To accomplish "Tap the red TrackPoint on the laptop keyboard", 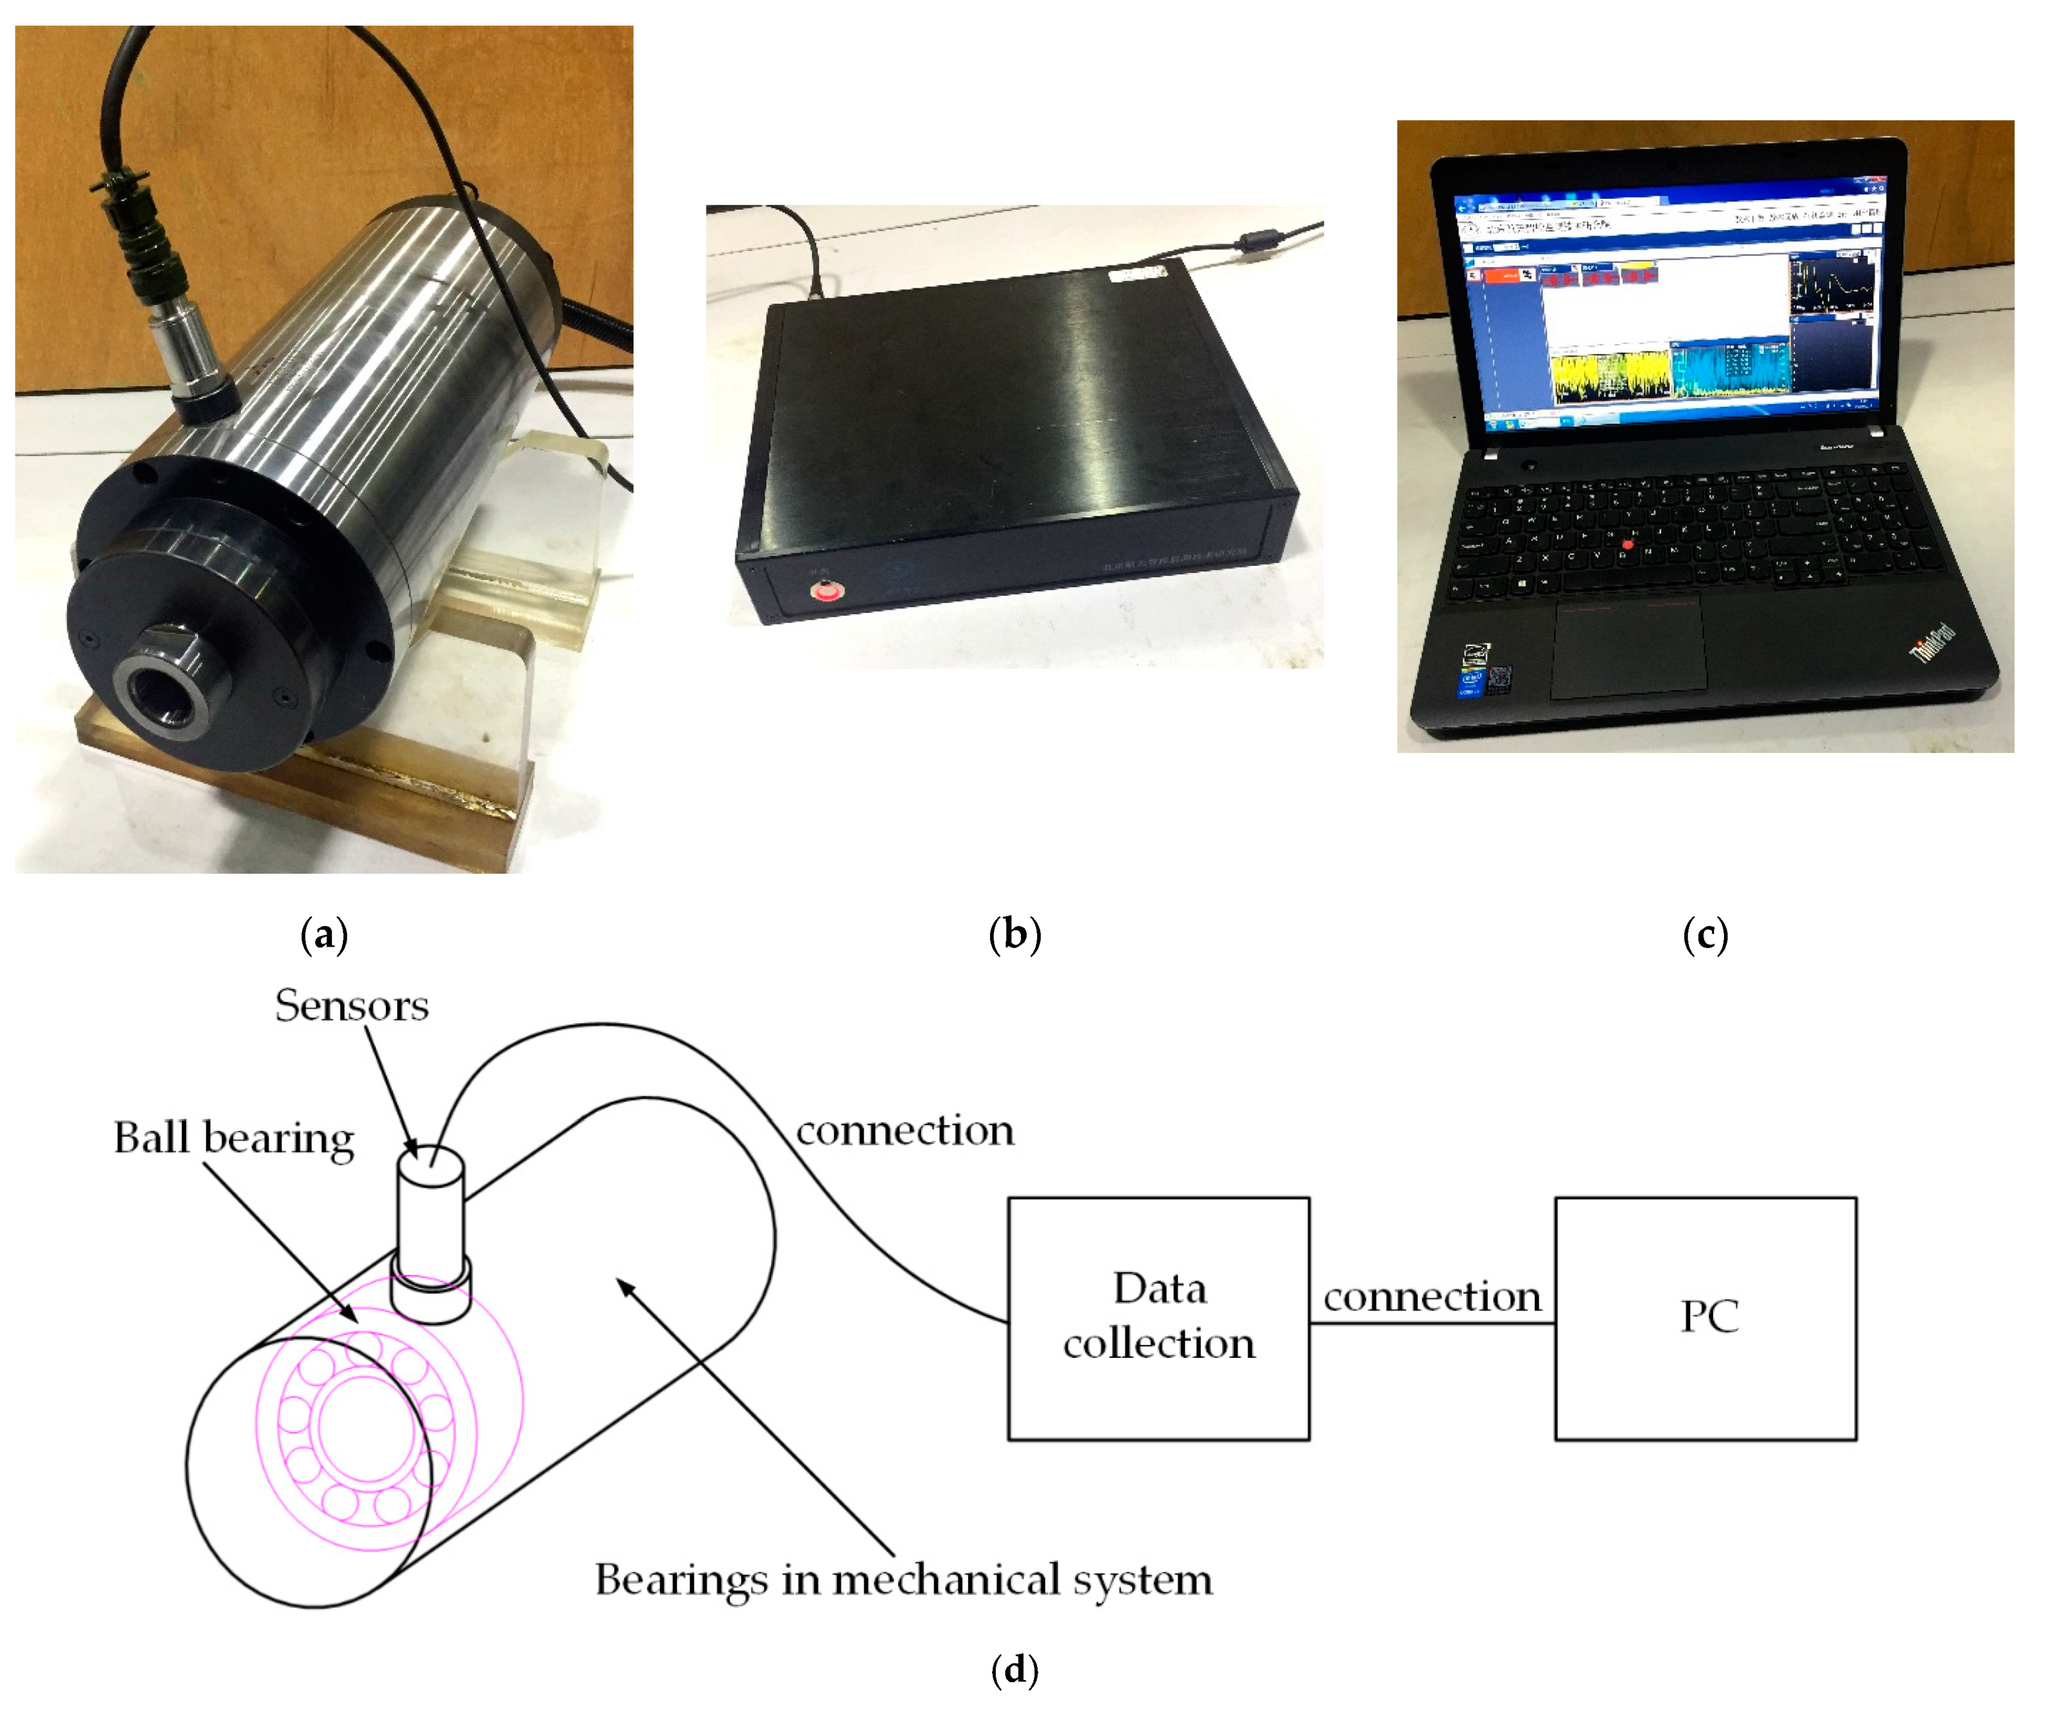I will click(1627, 544).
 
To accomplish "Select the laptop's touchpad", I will click(1627, 646).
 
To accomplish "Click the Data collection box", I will click(1158, 1318).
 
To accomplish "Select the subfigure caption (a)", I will click(325, 935).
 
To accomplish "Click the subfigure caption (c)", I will click(1705, 935).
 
